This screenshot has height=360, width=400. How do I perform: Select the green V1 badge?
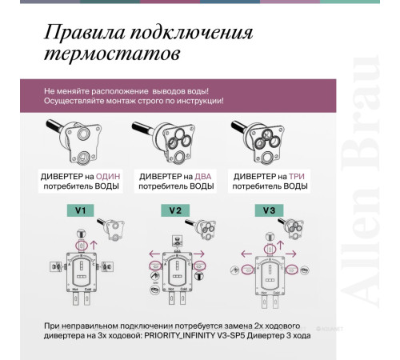80,210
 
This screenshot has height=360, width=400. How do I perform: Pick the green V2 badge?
175,210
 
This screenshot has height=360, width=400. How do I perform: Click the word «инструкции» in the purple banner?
195,101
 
